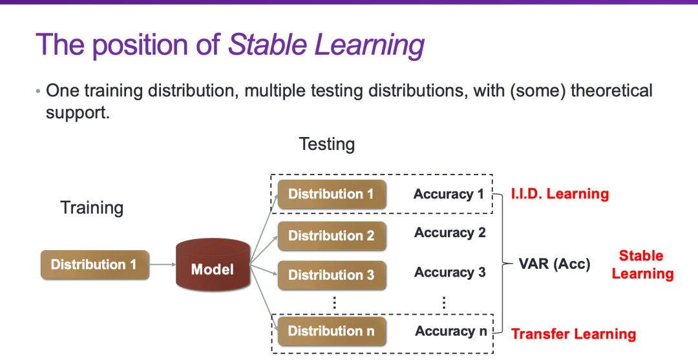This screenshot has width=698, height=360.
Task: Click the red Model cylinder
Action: (213, 265)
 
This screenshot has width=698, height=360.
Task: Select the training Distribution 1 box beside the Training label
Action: (94, 265)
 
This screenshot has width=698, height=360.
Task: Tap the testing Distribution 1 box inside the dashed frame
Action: (332, 195)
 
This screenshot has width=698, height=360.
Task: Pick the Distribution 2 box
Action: (332, 236)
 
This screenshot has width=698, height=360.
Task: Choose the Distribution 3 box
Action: (332, 275)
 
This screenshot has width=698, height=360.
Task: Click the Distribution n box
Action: (332, 331)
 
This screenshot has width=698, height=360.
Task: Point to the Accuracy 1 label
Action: (449, 195)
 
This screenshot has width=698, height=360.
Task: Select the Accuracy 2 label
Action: (450, 233)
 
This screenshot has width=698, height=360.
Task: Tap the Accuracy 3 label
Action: (450, 272)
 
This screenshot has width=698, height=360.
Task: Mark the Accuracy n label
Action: (451, 331)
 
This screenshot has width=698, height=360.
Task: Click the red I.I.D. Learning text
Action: (560, 193)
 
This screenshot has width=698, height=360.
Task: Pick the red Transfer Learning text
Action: (573, 334)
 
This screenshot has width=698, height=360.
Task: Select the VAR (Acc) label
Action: (555, 264)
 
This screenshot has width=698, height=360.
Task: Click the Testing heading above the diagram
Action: (327, 145)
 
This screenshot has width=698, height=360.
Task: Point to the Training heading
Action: (92, 208)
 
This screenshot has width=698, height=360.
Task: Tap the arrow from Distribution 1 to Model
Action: (162, 265)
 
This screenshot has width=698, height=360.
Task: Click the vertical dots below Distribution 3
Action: (334, 302)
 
